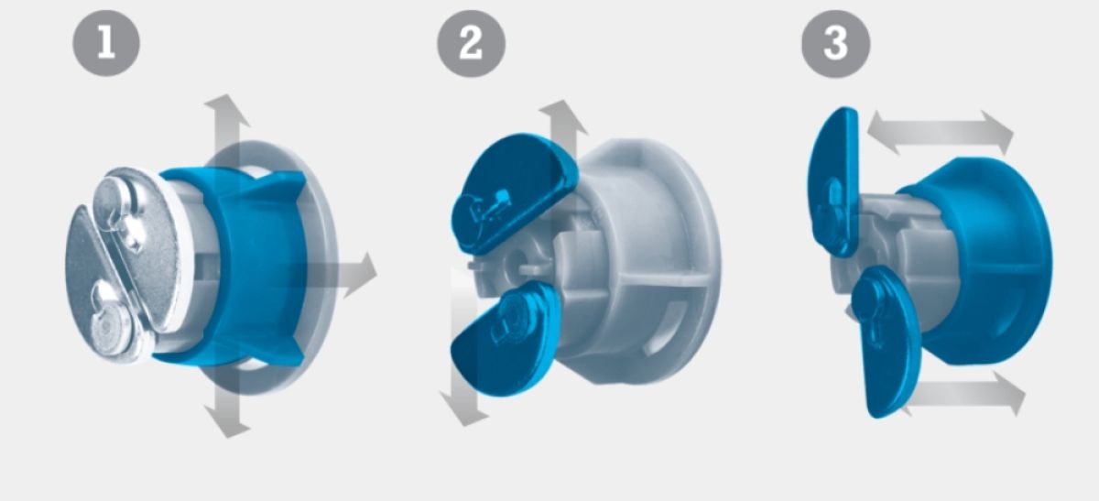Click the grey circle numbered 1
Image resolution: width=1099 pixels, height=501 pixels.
coord(106,42)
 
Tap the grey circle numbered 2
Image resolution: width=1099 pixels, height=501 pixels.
coord(471,43)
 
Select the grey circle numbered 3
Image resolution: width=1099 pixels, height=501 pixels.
coord(835,44)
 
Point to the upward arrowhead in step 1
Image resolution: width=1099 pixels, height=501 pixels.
coord(226,109)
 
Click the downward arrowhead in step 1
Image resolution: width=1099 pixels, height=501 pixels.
coord(227,422)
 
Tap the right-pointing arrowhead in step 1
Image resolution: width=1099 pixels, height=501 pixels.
coord(361,275)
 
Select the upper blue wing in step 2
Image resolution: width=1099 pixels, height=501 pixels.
coord(513,193)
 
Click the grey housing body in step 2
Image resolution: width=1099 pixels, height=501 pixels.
coord(637,260)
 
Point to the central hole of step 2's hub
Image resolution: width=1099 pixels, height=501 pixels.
coord(517,256)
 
